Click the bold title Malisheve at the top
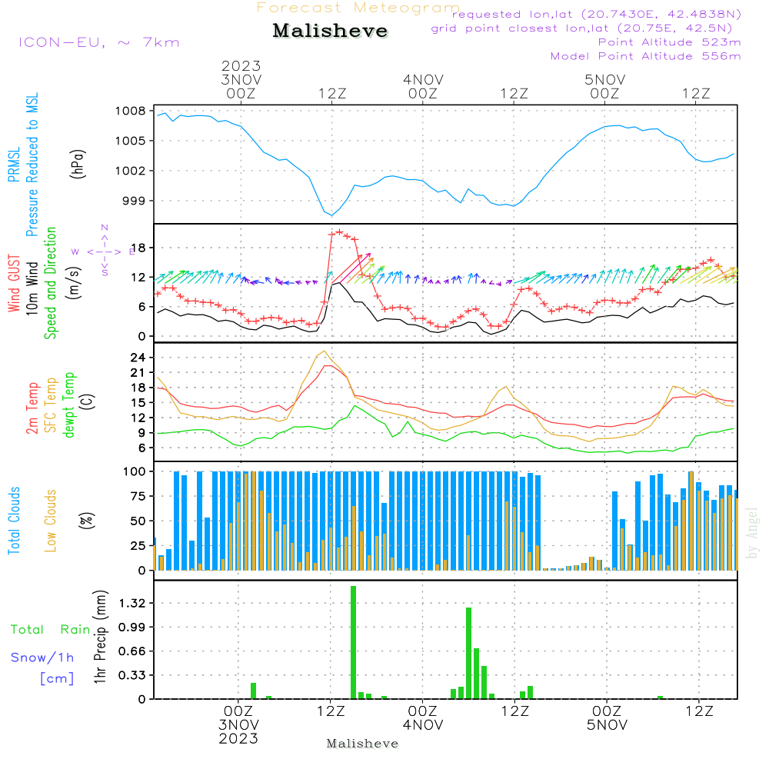pyautogui.click(x=331, y=32)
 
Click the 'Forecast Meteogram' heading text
pyautogui.click(x=358, y=8)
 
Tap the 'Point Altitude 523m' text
pyautogui.click(x=669, y=42)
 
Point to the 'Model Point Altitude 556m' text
pyautogui.click(x=646, y=56)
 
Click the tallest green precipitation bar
pyautogui.click(x=353, y=642)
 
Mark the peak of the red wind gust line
pyautogui.click(x=339, y=231)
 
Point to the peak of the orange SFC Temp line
pyautogui.click(x=325, y=351)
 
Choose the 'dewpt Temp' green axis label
pyautogui.click(x=69, y=405)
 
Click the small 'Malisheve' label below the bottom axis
pyautogui.click(x=363, y=744)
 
